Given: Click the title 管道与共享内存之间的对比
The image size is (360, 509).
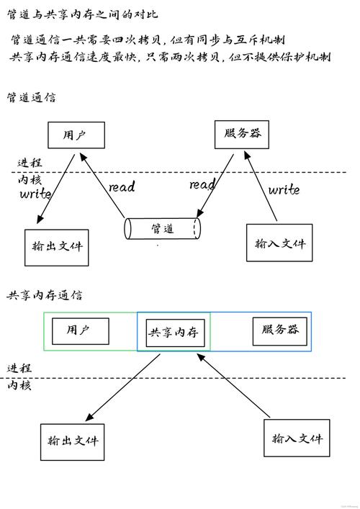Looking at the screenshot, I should (x=82, y=14).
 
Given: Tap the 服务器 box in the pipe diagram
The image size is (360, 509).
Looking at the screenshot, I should (x=242, y=134).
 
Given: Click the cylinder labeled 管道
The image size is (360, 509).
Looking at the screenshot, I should (x=163, y=228).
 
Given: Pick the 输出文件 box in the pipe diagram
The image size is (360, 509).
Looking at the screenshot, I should (x=57, y=245).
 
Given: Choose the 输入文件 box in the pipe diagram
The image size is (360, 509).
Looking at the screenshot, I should (x=279, y=243).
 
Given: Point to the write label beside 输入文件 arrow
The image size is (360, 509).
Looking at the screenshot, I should (x=284, y=190).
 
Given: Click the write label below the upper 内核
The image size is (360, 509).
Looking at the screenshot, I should (x=35, y=194).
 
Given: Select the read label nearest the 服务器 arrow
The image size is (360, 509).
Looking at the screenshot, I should (x=202, y=185).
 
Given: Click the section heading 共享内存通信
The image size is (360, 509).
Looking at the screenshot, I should (x=45, y=295).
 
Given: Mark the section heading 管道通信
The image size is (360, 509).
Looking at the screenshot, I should (x=31, y=96).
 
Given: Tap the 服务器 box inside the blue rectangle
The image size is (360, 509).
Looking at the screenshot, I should (x=280, y=330).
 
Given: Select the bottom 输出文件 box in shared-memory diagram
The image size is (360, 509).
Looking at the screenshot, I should (x=72, y=441).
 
